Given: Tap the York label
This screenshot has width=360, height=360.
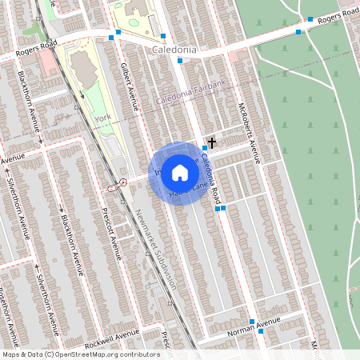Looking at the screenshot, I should (102, 118).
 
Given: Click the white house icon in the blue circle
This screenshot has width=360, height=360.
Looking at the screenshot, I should (180, 173).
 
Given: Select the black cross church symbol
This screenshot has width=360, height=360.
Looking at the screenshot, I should (211, 142).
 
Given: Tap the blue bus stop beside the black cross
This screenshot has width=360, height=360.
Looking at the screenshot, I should (205, 148).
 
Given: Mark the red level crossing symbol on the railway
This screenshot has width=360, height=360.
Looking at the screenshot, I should (123, 182).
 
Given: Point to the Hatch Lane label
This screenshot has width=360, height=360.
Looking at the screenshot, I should (184, 194).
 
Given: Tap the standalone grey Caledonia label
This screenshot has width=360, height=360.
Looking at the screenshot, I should (174, 50).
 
